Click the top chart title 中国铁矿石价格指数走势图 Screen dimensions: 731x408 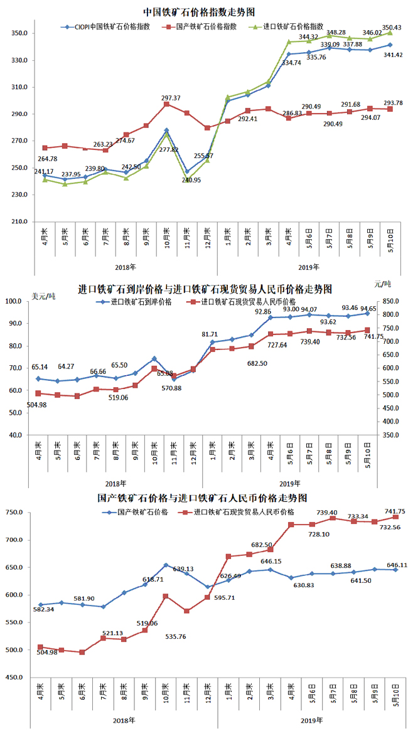click(203, 12)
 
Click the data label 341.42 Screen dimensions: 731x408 click(392, 56)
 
